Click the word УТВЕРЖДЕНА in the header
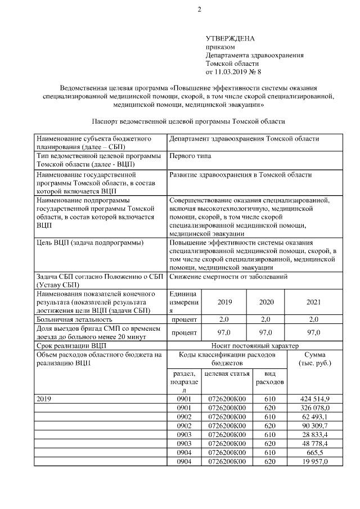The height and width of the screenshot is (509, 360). (230, 39)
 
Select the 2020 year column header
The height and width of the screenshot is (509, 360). (266, 302)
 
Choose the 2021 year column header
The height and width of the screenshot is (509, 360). (313, 302)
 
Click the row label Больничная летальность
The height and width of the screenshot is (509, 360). (74, 319)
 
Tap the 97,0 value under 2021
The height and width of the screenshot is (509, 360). (313, 332)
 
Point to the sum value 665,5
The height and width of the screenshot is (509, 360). (319, 453)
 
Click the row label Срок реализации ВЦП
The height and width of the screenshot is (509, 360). (70, 345)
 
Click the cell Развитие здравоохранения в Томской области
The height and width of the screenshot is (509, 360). (240, 175)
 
